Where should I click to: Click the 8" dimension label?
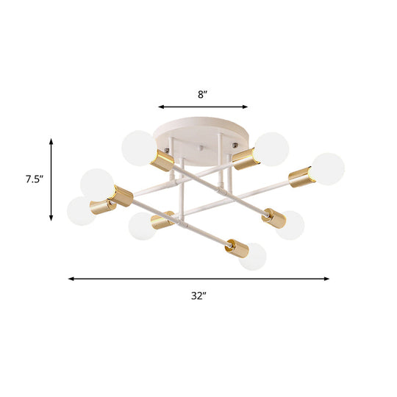tap(202, 93)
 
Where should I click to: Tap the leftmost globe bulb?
tap(81, 211)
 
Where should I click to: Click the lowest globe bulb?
tap(253, 255)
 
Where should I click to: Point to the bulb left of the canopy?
tap(137, 146)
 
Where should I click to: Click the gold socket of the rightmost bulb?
tap(299, 176)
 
